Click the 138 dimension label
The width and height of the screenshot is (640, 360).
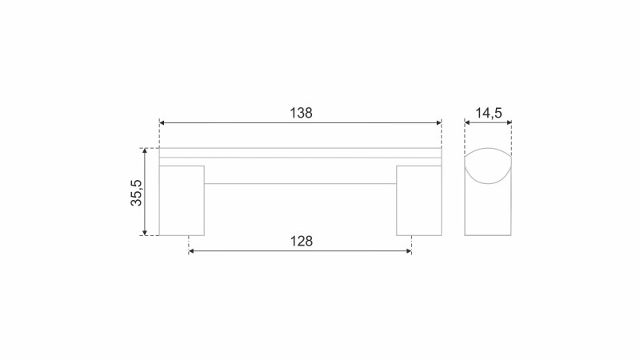[x=301, y=113]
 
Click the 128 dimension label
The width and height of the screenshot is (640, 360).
[x=302, y=242]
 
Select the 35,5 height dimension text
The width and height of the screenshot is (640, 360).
[x=136, y=193]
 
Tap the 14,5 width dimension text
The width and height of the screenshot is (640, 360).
[x=488, y=113]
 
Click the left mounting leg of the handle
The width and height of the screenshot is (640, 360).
[x=182, y=201]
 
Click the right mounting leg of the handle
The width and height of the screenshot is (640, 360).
[x=418, y=201]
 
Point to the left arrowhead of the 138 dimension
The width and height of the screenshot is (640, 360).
[x=162, y=122]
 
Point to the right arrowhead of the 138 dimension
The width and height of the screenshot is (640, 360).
[x=438, y=122]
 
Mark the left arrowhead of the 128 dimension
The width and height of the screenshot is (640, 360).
[x=191, y=250]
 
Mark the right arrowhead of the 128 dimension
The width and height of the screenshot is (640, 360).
[x=409, y=250]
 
